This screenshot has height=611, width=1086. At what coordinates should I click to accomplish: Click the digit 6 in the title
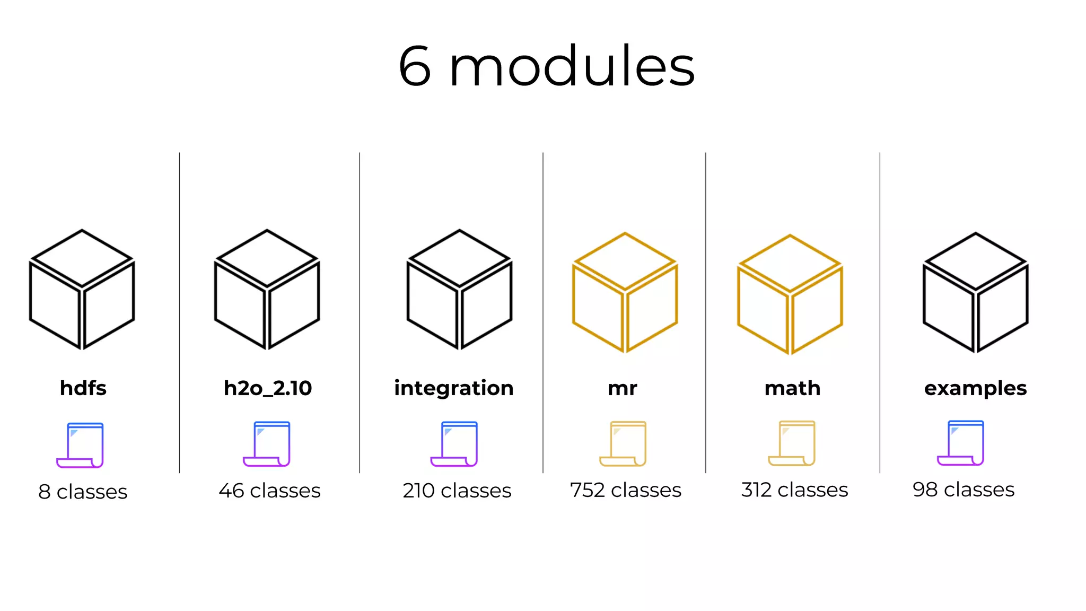click(415, 67)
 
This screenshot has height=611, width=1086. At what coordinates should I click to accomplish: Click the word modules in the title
click(572, 67)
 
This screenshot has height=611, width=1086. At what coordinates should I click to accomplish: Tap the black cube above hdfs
click(82, 290)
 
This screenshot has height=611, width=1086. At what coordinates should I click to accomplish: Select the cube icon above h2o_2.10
click(267, 290)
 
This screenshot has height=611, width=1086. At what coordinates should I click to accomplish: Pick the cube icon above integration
click(459, 290)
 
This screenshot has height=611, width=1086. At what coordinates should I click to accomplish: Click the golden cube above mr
click(625, 292)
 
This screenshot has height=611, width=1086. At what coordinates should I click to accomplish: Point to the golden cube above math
click(790, 294)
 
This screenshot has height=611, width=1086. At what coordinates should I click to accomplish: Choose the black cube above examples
click(976, 292)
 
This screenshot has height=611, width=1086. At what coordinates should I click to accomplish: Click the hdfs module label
click(83, 388)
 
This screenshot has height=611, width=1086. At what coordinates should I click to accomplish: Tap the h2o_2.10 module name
click(268, 388)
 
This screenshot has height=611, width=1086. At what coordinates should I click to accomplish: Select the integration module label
click(454, 388)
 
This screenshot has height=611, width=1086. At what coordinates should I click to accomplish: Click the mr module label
click(623, 388)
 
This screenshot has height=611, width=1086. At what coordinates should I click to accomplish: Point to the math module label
click(792, 388)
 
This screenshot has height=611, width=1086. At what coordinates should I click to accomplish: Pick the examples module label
click(975, 388)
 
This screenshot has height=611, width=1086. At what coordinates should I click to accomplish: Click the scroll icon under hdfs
click(81, 445)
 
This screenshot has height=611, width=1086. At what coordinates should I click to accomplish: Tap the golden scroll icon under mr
click(624, 443)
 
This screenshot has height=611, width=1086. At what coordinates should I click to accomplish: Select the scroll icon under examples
click(961, 443)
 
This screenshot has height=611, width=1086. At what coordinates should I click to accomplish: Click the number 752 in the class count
click(587, 490)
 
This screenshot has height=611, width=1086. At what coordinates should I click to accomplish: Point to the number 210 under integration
click(418, 491)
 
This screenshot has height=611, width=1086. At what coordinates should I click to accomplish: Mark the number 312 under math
click(756, 490)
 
